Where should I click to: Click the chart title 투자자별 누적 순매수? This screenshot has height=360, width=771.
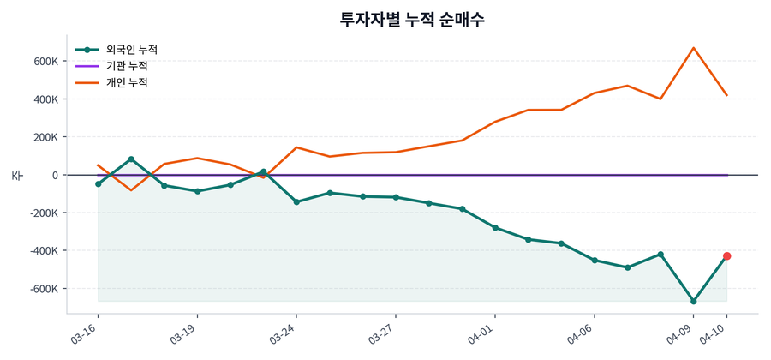tap(412, 19)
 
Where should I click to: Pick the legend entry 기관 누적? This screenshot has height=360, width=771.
tap(127, 66)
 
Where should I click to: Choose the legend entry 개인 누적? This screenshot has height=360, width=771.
tap(127, 83)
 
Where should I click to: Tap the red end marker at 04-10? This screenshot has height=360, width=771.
tap(726, 256)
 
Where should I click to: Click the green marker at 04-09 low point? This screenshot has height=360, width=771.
tap(693, 302)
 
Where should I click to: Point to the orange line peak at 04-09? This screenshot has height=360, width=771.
tap(693, 48)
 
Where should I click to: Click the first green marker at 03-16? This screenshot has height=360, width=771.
tap(98, 184)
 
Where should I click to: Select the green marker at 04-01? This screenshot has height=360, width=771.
tap(495, 228)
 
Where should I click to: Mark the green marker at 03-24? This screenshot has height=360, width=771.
tap(296, 202)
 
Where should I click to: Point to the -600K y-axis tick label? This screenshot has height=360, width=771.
tap(44, 289)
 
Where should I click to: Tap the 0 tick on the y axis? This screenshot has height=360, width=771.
tap(55, 175)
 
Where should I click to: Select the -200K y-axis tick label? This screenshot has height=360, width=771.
tap(44, 213)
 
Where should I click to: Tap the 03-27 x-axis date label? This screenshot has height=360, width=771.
tap(384, 333)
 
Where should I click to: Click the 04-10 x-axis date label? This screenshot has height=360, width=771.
tap(715, 333)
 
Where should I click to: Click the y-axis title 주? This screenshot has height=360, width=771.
tap(16, 175)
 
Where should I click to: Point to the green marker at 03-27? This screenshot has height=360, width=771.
tap(396, 197)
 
